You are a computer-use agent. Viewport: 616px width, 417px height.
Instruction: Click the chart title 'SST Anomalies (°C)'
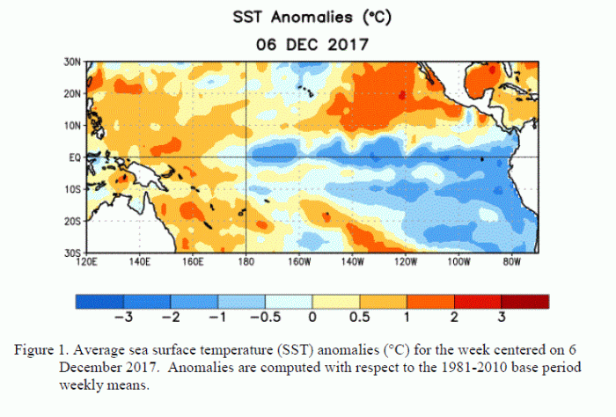[307, 17]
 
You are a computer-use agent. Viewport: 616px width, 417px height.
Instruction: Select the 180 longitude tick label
[247, 261]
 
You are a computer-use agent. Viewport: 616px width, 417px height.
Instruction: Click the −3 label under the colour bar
[123, 318]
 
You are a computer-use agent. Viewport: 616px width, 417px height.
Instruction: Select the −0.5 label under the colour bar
[265, 318]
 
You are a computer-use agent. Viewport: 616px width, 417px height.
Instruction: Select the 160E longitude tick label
[194, 261]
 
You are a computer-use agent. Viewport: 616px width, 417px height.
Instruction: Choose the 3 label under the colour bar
[502, 318]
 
